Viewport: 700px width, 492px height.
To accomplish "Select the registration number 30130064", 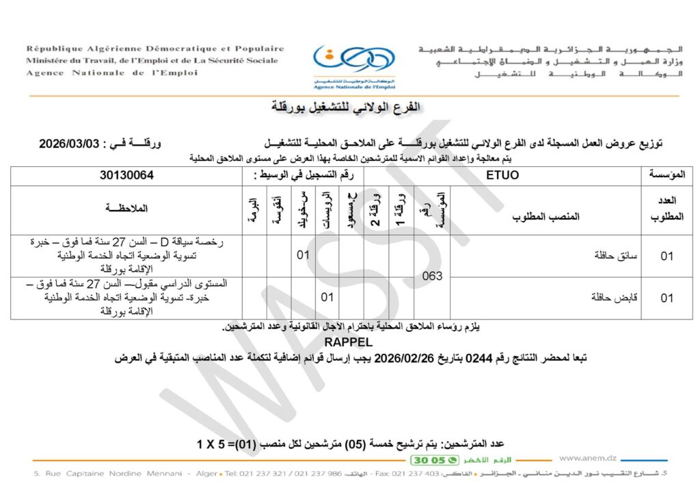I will [126, 175].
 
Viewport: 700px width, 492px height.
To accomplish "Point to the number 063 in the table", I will [432, 276].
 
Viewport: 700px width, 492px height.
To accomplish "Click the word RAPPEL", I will [349, 341].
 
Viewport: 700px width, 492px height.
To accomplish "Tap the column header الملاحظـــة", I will [126, 208].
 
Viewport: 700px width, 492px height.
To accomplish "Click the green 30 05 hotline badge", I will [429, 460].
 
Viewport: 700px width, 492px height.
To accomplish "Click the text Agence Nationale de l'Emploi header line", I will [111, 73].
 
